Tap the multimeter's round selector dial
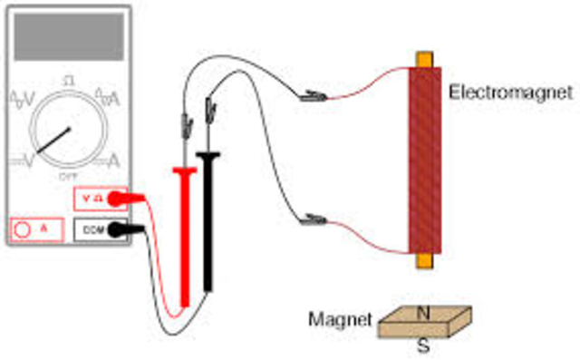point(67,127)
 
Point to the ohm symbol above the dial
point(68,81)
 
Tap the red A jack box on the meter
point(36,229)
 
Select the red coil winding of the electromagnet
point(424,159)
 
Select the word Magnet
point(341,319)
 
